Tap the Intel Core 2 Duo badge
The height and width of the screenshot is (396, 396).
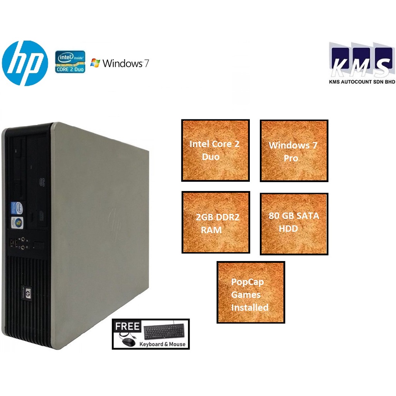coord(70,62)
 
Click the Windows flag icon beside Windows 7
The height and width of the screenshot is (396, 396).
coord(95,63)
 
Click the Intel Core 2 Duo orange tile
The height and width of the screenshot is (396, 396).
coord(215,150)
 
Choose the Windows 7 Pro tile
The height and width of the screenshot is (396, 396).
coord(294,151)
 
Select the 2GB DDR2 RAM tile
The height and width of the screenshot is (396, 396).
coord(216,222)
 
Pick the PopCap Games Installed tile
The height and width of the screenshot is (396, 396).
coord(251,293)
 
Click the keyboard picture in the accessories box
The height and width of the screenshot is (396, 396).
coord(164,331)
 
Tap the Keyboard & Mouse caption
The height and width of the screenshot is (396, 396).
coord(162,344)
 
